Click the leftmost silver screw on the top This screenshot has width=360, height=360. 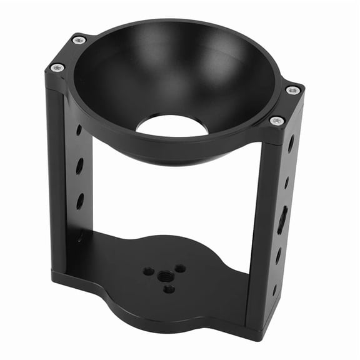(57, 67)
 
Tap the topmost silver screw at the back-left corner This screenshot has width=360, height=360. (79, 41)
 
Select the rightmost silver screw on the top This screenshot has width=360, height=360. (292, 91)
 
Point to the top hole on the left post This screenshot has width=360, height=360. (79, 131)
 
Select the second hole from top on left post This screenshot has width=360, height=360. (79, 166)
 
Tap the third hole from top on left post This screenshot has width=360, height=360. (80, 201)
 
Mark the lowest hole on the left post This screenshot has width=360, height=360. (81, 236)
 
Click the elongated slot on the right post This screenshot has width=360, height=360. (282, 219)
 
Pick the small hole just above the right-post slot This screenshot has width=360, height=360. (286, 182)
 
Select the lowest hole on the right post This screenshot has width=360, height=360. (274, 290)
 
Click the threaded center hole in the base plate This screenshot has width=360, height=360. (166, 275)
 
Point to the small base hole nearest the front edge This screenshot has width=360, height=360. (169, 289)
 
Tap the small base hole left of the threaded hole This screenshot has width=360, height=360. (149, 271)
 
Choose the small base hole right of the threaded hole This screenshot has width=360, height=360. (181, 268)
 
